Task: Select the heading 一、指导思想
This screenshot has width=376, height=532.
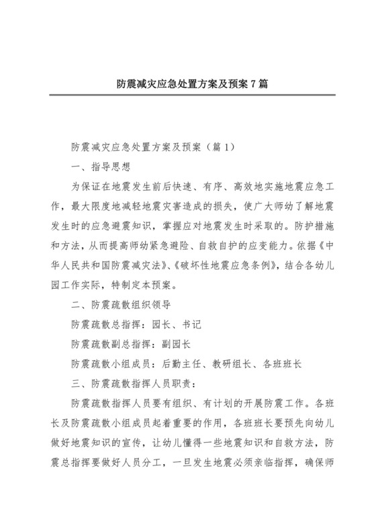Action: pyautogui.click(x=101, y=165)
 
